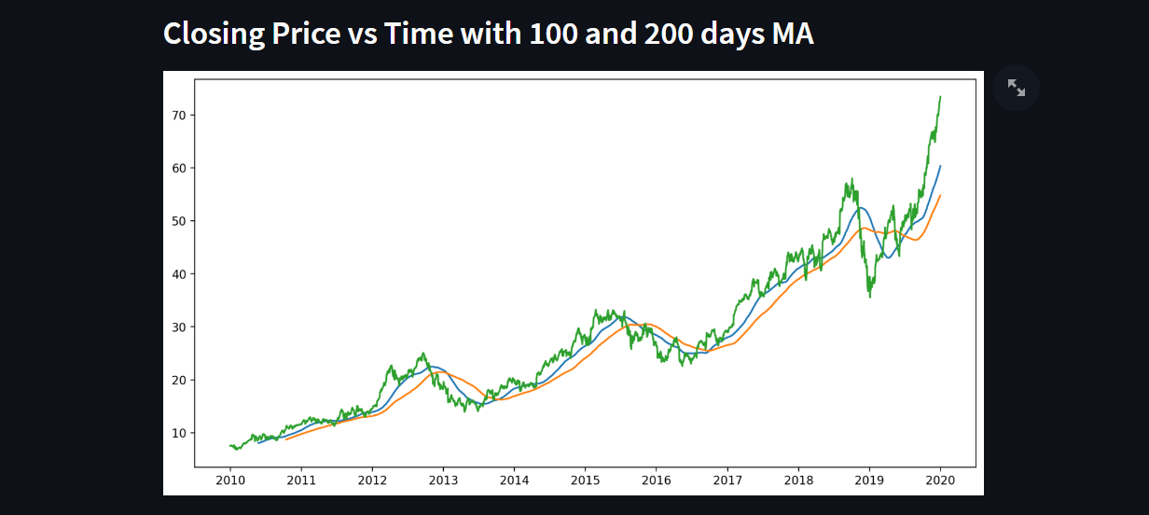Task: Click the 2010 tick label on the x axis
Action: (x=229, y=480)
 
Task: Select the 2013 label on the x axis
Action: (x=443, y=480)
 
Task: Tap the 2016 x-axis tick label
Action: (x=656, y=480)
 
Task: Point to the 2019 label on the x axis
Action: (x=869, y=480)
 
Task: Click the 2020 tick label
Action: (x=940, y=480)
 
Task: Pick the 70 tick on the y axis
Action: (x=180, y=115)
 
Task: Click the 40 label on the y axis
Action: (x=180, y=274)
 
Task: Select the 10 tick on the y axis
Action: (x=180, y=433)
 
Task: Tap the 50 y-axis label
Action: (x=180, y=221)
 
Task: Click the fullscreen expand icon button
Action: (x=1017, y=88)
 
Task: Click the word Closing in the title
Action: (x=214, y=35)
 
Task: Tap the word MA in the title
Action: (x=793, y=35)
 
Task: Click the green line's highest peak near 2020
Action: (x=940, y=96)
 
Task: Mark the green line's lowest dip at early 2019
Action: (x=870, y=297)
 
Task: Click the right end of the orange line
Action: (x=940, y=195)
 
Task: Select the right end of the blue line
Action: (x=940, y=166)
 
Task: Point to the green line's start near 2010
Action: (x=229, y=445)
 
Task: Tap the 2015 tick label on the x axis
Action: (x=585, y=480)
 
